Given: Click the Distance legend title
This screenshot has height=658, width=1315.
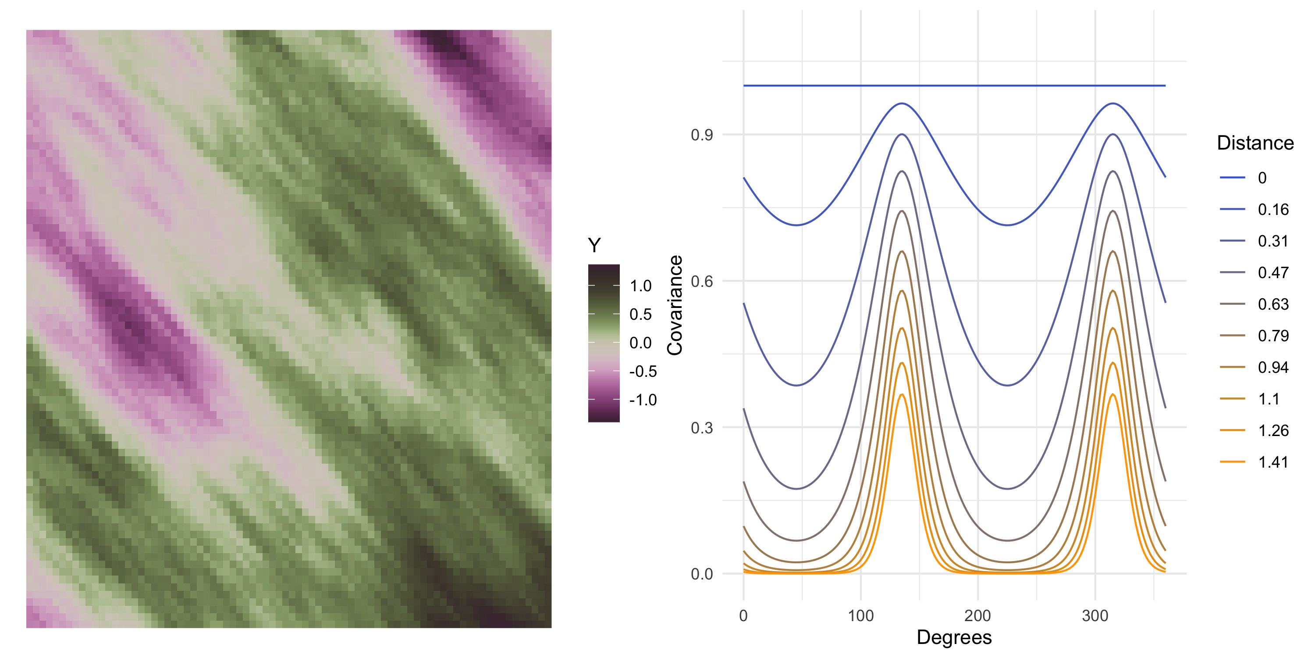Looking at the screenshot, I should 1255,143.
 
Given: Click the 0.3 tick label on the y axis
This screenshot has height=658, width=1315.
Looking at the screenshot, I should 701,428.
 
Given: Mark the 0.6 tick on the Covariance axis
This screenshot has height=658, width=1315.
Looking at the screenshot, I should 701,282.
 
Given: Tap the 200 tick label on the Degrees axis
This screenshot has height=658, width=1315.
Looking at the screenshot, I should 977,615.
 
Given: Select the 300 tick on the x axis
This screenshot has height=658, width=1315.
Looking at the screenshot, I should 1095,615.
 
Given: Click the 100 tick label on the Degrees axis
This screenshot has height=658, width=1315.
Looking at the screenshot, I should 861,615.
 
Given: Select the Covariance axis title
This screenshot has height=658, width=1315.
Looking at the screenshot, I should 675,305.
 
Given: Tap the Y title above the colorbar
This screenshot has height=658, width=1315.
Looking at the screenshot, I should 594,246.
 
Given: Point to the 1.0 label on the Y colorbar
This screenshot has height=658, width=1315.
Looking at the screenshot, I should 641,286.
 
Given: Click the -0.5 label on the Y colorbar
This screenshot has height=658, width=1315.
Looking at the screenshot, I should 643,372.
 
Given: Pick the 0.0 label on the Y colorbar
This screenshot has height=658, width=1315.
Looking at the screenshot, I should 641,343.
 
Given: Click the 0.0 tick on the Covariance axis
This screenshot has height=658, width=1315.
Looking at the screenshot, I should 701,574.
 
